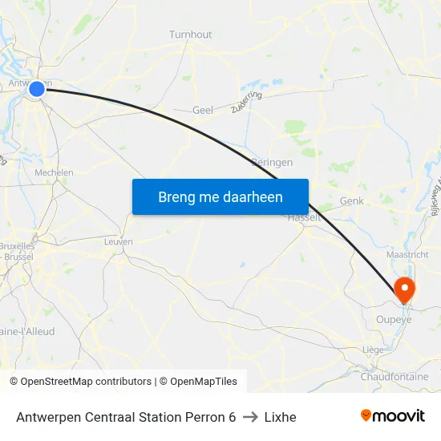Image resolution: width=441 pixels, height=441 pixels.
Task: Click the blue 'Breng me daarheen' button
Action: pos(220,196)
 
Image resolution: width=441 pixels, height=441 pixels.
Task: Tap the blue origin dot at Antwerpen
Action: pos(37,89)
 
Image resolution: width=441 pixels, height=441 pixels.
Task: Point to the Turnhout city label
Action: pos(191,34)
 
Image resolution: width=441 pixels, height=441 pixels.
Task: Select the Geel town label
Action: pos(203,111)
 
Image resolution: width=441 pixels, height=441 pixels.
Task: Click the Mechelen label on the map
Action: pos(54,172)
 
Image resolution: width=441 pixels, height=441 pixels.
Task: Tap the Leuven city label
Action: pos(119,241)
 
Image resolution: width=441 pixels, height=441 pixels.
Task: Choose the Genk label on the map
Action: pos(352,201)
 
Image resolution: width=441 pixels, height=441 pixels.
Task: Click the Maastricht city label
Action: pos(408,255)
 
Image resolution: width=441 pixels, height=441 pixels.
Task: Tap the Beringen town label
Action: pos(272,162)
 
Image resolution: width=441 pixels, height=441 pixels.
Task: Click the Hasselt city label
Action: pos(304,217)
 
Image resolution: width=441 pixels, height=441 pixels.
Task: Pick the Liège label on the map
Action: pos(373,350)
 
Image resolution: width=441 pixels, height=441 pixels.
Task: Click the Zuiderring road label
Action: pos(246,101)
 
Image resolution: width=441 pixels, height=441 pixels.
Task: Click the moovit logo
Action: pos(393,416)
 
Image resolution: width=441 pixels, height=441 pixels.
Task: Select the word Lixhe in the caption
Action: pos(280,417)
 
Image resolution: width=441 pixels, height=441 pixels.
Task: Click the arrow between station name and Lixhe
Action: pos(250,417)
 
